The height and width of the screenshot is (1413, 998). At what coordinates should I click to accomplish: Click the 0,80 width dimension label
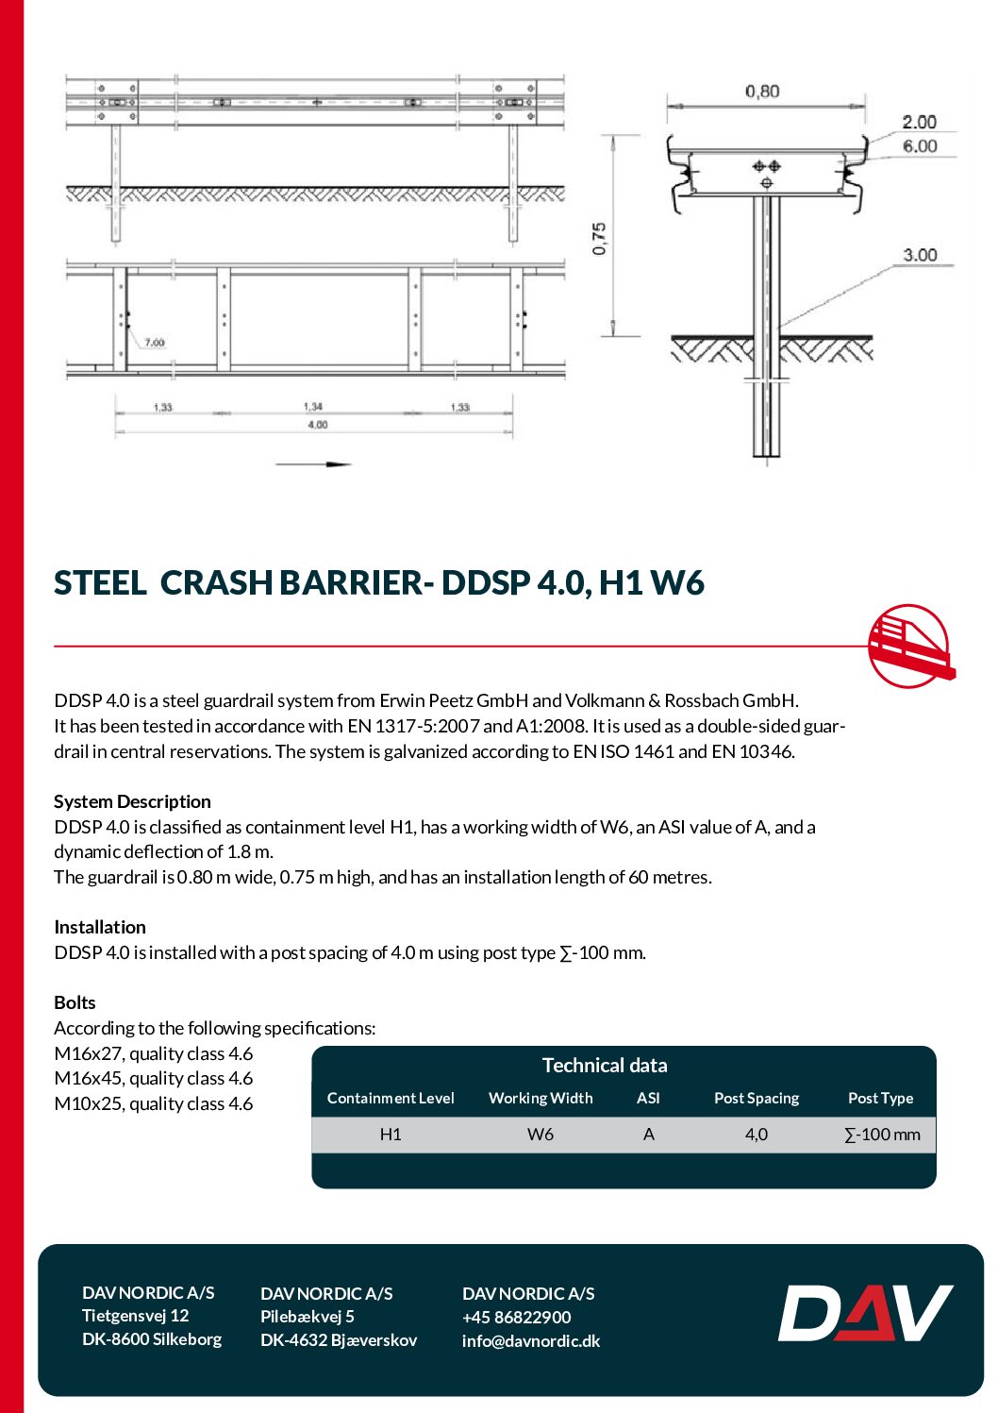[x=762, y=92]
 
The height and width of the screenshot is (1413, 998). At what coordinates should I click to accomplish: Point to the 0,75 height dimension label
[x=600, y=239]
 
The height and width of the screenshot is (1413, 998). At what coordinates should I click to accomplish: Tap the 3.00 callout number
[x=920, y=255]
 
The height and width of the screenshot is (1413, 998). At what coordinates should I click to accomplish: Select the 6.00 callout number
[x=920, y=146]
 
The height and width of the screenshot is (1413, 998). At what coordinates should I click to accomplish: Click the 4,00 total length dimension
[x=318, y=425]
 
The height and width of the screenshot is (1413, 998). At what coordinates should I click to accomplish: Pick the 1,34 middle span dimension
[x=313, y=407]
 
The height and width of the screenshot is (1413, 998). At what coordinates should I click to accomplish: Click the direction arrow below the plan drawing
[x=314, y=464]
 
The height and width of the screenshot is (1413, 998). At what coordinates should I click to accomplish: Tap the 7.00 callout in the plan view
[x=155, y=343]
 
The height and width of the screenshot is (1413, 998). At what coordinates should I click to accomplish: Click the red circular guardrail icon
[x=909, y=647]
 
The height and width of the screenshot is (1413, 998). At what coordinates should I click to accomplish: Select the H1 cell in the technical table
[x=391, y=1135]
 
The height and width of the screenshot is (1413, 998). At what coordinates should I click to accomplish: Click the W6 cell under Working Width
[x=541, y=1135]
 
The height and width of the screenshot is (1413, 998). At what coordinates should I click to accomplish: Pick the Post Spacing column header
[x=757, y=1098]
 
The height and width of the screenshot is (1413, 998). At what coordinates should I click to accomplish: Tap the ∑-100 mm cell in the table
[x=882, y=1135]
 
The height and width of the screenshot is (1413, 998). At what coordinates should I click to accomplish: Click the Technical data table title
[x=605, y=1066]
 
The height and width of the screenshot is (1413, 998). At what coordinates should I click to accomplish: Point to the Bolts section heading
[x=75, y=1002]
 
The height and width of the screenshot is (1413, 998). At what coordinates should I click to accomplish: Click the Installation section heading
[x=100, y=927]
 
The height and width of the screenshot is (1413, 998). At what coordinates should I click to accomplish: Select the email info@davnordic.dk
[x=531, y=1341]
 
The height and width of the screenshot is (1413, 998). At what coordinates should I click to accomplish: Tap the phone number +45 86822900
[x=517, y=1318]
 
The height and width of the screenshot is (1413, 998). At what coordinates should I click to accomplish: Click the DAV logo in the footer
[x=865, y=1313]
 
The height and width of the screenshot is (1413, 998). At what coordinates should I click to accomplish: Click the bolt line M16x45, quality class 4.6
[x=154, y=1078]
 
